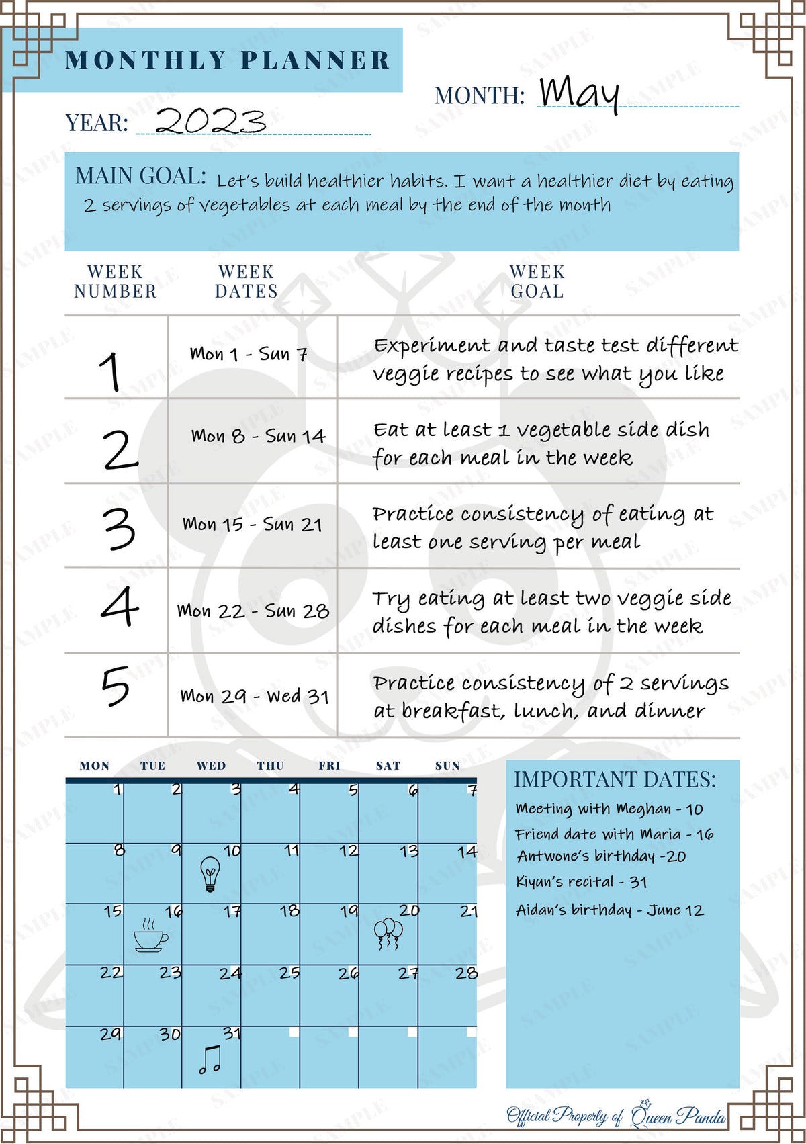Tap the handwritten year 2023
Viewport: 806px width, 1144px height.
click(x=210, y=121)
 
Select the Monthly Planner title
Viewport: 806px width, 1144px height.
click(x=228, y=60)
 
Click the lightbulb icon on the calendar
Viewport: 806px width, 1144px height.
click(x=210, y=874)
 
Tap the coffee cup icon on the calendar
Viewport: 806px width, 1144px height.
click(x=150, y=934)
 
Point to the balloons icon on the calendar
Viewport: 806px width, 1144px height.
click(x=388, y=934)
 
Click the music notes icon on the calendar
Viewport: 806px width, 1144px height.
click(x=210, y=1059)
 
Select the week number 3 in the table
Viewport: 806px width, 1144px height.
click(x=119, y=529)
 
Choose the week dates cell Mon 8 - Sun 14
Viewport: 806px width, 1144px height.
click(x=258, y=437)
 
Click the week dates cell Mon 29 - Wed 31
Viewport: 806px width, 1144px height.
click(x=255, y=696)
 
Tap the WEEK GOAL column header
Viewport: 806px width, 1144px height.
click(x=537, y=281)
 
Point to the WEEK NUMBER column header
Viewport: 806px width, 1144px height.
click(x=116, y=281)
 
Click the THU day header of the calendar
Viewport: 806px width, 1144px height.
click(x=270, y=766)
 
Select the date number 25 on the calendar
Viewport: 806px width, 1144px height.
click(x=289, y=973)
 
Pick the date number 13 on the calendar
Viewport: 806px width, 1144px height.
click(x=409, y=852)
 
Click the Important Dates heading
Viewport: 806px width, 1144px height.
click(x=615, y=779)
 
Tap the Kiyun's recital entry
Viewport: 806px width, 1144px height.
click(x=581, y=881)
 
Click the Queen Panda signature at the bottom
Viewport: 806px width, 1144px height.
click(x=616, y=1116)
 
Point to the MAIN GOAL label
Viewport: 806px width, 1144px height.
click(x=140, y=176)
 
